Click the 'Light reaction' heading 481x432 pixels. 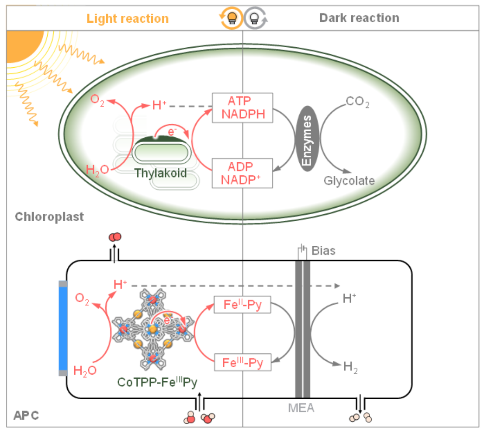pyautogui.click(x=127, y=18)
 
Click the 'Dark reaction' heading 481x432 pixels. pyautogui.click(x=359, y=18)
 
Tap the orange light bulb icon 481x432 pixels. pyautogui.click(x=231, y=18)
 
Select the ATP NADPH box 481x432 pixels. pyautogui.click(x=242, y=107)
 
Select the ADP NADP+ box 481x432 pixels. pyautogui.click(x=242, y=173)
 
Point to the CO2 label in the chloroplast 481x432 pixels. pyautogui.click(x=357, y=102)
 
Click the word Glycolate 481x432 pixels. pyautogui.click(x=349, y=180)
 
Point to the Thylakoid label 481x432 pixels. pyautogui.click(x=160, y=173)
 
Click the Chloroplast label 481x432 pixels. pyautogui.click(x=49, y=216)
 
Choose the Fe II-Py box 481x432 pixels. pyautogui.click(x=242, y=305)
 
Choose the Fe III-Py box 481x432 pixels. pyautogui.click(x=242, y=362)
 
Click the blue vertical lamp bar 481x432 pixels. pyautogui.click(x=63, y=328)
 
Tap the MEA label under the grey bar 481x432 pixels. pyautogui.click(x=301, y=408)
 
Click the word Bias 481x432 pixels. pyautogui.click(x=324, y=251)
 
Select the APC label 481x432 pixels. pyautogui.click(x=27, y=415)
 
